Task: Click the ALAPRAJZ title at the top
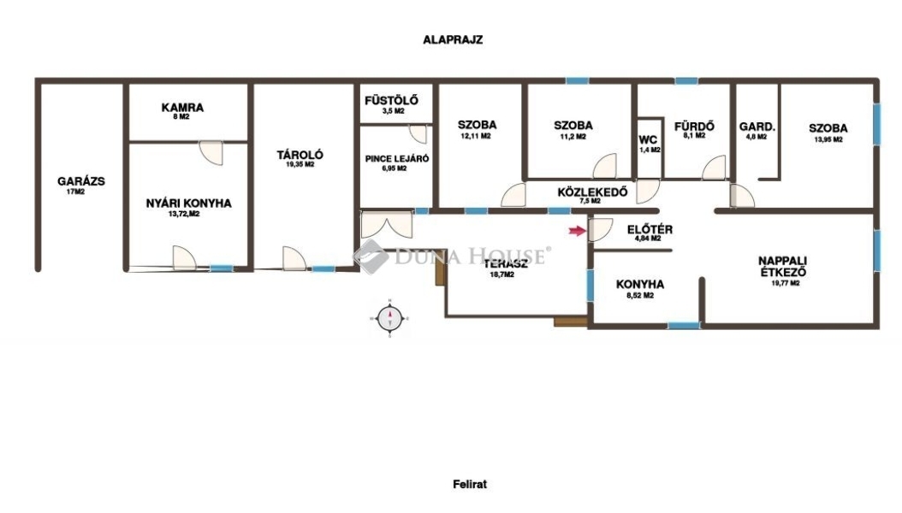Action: click(453, 39)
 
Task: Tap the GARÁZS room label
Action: click(81, 181)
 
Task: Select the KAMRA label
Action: click(182, 108)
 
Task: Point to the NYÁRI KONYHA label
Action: click(188, 203)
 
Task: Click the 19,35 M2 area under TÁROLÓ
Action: click(300, 164)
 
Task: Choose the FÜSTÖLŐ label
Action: click(391, 101)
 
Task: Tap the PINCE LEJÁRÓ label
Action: click(397, 158)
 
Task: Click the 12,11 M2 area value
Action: click(476, 136)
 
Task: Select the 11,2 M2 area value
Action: click(573, 137)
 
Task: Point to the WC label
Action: click(648, 139)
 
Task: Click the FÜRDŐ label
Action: click(694, 126)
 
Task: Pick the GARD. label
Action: click(757, 127)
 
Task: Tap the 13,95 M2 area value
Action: click(828, 139)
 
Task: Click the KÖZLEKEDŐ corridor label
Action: click(592, 192)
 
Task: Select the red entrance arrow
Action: click(577, 231)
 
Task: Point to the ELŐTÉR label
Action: click(650, 229)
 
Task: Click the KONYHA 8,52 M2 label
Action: click(639, 288)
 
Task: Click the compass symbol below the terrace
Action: click(390, 318)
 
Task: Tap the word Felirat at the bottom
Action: click(470, 484)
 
